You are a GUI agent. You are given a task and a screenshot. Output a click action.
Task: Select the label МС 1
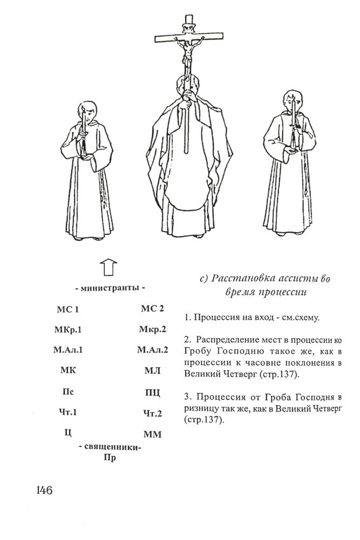click(x=68, y=310)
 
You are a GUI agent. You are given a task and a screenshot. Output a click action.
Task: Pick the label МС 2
click(x=152, y=309)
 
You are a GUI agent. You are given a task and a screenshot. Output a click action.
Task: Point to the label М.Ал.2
click(x=153, y=349)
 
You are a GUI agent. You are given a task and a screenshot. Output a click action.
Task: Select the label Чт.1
click(x=68, y=413)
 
